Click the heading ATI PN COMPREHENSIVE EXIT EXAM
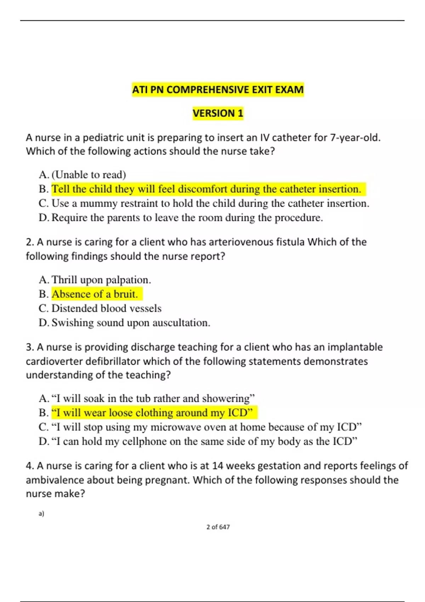[218, 90]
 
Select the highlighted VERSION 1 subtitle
[218, 113]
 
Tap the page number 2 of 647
[218, 527]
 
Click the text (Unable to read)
[89, 175]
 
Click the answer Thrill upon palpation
[101, 280]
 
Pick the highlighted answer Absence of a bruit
[95, 294]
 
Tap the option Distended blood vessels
[106, 308]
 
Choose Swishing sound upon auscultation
[131, 323]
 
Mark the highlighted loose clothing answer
[152, 413]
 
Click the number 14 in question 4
[217, 466]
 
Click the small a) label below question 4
[41, 513]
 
